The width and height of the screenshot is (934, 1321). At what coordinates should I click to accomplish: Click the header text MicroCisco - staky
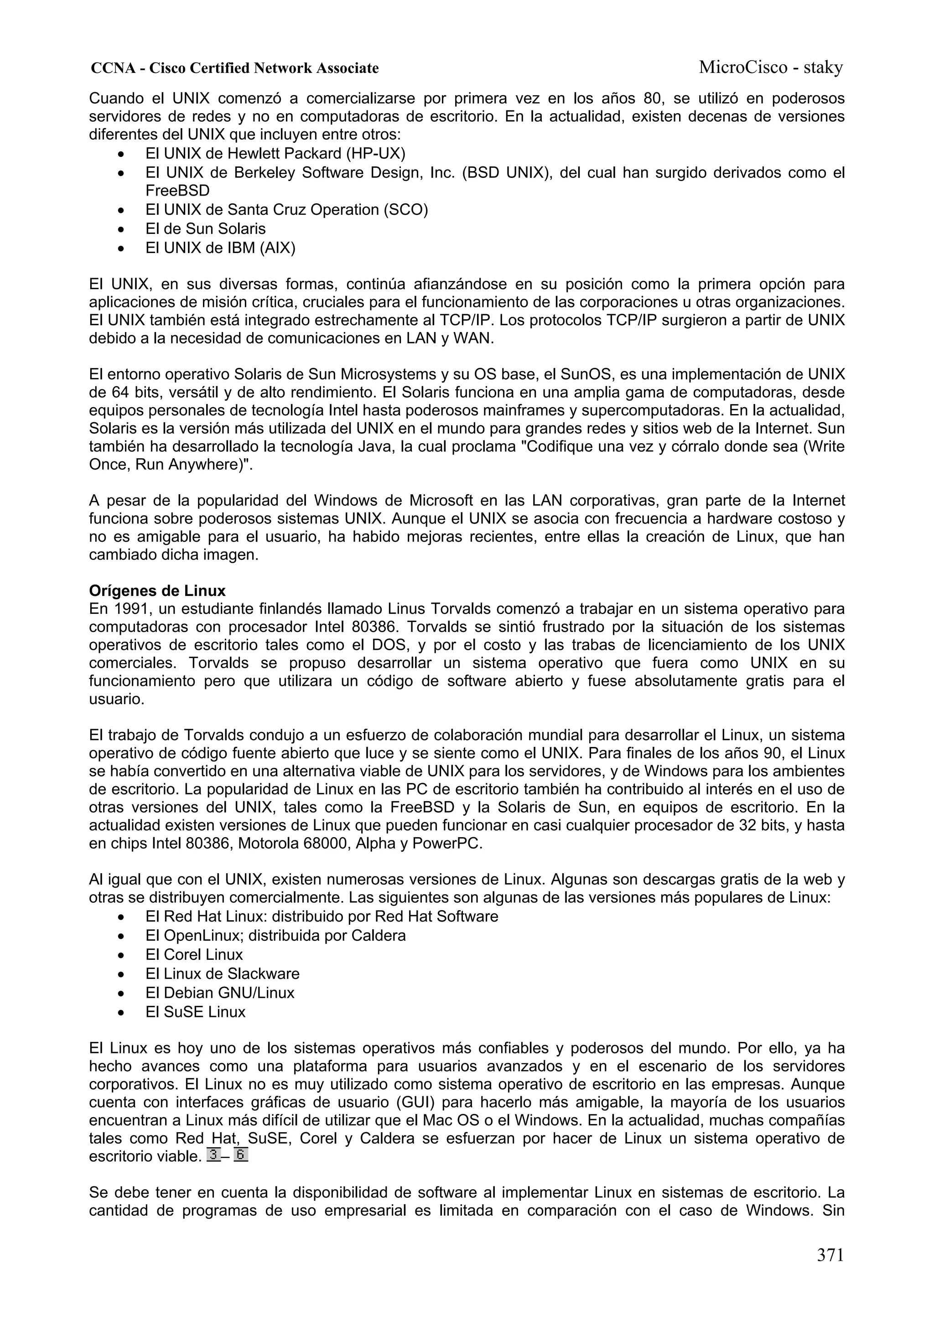pyautogui.click(x=771, y=68)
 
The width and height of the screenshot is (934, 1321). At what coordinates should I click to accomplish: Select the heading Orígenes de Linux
pyautogui.click(x=157, y=591)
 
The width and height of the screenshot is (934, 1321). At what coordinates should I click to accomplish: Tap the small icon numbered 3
pyautogui.click(x=213, y=1155)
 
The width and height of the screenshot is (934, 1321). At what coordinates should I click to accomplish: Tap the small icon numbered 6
pyautogui.click(x=240, y=1155)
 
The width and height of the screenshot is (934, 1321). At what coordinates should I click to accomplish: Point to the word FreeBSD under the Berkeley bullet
pyautogui.click(x=177, y=191)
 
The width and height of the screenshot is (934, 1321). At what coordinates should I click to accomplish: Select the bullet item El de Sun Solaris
pyautogui.click(x=205, y=229)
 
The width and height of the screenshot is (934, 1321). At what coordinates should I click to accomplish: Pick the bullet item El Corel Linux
pyautogui.click(x=194, y=954)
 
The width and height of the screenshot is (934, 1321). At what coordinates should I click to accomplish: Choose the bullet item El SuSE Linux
pyautogui.click(x=195, y=1012)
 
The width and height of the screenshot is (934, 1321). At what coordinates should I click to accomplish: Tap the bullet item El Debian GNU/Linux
pyautogui.click(x=220, y=993)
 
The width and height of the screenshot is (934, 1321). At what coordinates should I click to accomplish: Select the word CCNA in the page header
pyautogui.click(x=113, y=68)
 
